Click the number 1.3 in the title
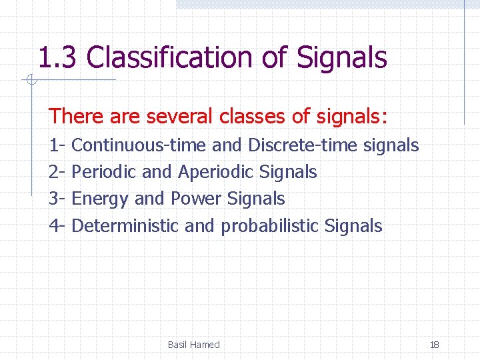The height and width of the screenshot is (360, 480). point(59,58)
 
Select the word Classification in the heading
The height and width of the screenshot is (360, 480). point(170,58)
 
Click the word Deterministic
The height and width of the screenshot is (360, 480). point(125,226)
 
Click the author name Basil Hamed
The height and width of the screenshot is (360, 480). point(193,345)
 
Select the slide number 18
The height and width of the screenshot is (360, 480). point(435,345)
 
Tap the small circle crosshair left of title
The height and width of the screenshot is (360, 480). point(31,81)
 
